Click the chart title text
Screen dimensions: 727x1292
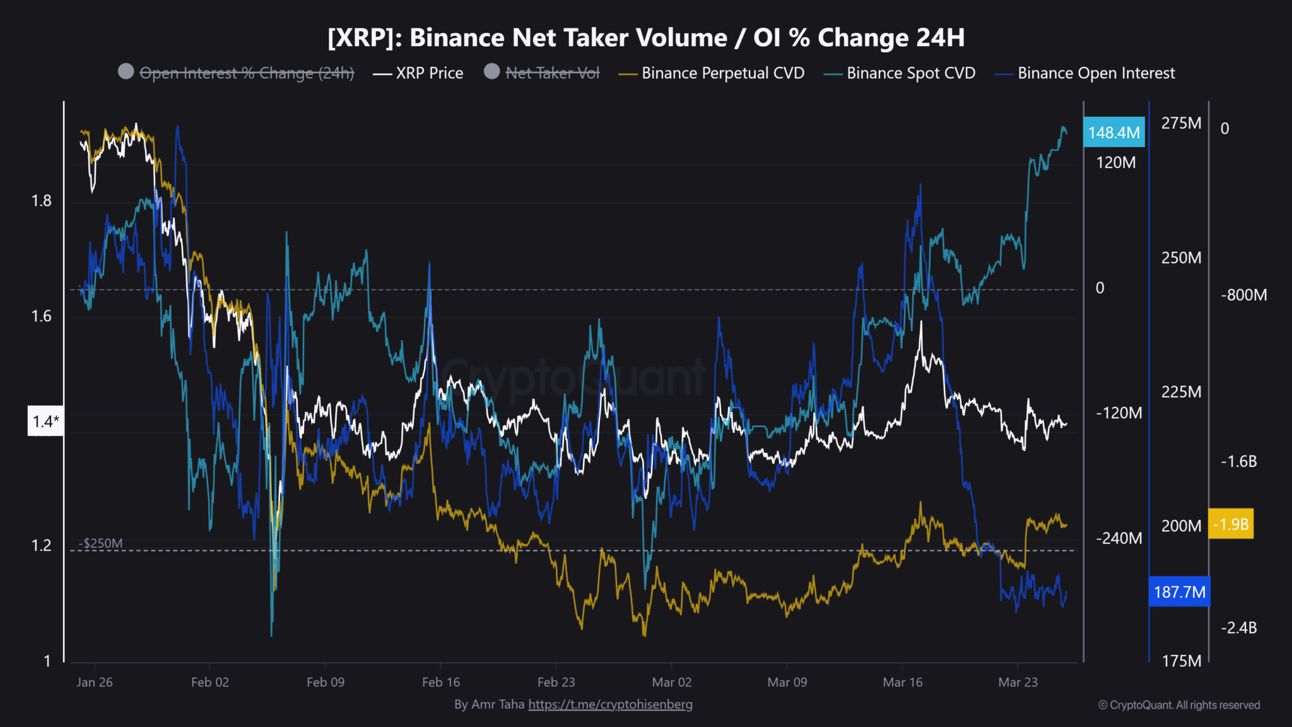click(x=646, y=38)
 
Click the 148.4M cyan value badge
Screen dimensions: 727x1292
click(x=1114, y=133)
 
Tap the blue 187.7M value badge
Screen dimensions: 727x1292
click(x=1179, y=592)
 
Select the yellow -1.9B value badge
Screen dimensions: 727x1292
click(x=1230, y=524)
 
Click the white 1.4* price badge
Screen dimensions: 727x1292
click(x=45, y=421)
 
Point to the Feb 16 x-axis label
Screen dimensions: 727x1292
click(x=440, y=682)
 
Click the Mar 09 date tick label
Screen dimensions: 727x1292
click(x=787, y=682)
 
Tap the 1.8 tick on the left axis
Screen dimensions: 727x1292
click(x=42, y=201)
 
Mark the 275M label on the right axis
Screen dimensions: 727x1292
click(x=1181, y=123)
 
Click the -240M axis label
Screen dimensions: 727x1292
click(x=1119, y=538)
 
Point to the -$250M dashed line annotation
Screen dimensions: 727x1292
click(x=101, y=543)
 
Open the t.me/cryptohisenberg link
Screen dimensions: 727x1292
click(x=610, y=704)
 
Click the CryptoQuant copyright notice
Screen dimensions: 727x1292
click(x=1178, y=705)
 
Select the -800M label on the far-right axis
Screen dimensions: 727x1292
click(x=1243, y=295)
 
